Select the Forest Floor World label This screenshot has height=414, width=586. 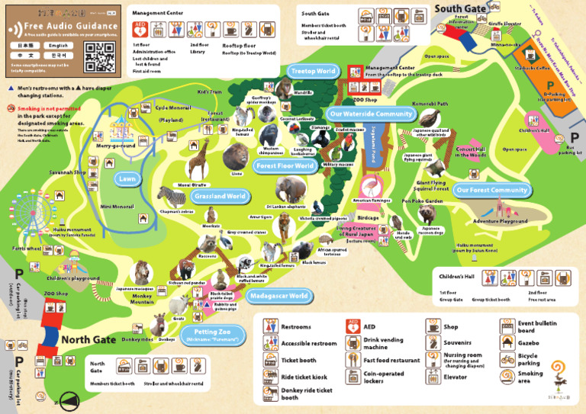[285, 165]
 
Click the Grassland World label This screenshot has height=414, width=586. [219, 196]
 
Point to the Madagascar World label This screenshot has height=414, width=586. [278, 296]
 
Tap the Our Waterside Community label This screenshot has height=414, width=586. [372, 114]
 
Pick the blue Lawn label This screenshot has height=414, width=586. [127, 178]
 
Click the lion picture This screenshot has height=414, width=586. [236, 157]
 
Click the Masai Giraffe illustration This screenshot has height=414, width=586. [198, 162]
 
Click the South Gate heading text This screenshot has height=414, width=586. [461, 8]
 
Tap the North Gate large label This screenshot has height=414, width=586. [89, 339]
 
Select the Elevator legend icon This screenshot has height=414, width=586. [432, 376]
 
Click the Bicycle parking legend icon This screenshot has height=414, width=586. [507, 358]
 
